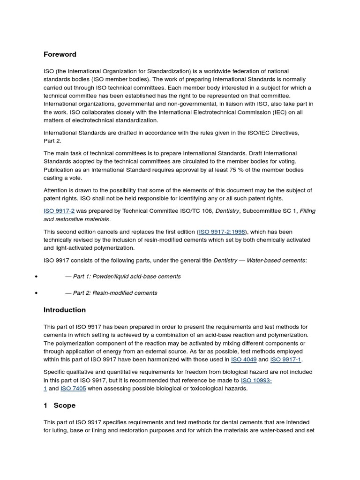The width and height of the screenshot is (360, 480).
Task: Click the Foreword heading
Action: click(60, 54)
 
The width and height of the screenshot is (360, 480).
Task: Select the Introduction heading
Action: click(65, 310)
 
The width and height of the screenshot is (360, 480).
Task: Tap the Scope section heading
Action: click(64, 405)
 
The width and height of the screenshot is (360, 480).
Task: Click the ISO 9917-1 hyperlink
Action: click(286, 360)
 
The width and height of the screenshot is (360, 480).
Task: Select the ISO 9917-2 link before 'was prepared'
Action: click(59, 211)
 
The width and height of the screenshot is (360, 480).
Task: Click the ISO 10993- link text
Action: click(256, 381)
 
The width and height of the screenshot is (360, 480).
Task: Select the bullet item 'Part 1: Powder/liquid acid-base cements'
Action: click(123, 277)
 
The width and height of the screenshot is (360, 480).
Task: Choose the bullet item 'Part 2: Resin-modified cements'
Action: click(111, 293)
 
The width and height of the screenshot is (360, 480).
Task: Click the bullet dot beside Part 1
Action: click(36, 277)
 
